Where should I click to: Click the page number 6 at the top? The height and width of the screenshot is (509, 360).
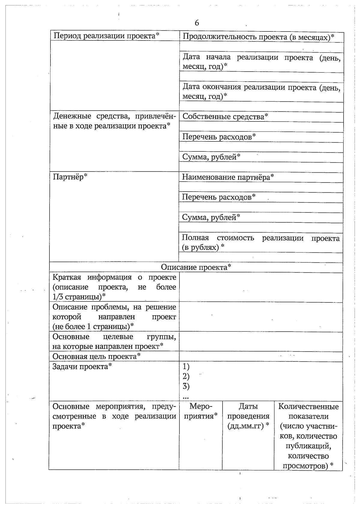tap(197, 23)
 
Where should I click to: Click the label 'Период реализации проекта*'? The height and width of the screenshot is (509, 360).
tap(106, 36)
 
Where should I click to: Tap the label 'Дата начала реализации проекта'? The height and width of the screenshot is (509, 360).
tap(261, 62)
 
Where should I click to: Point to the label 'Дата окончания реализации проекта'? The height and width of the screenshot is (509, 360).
tap(261, 92)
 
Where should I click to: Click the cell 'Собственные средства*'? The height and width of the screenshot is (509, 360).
tap(225, 117)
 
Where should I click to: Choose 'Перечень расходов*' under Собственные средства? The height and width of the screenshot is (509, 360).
tap(219, 137)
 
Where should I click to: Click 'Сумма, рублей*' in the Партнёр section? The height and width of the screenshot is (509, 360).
tap(211, 217)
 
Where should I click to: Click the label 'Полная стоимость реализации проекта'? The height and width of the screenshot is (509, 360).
tap(261, 243)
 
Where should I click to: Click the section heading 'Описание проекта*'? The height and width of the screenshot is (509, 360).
tap(196, 267)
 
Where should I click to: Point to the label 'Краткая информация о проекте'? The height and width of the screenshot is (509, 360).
tap(114, 287)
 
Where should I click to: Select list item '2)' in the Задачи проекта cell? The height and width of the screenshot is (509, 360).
tap(186, 376)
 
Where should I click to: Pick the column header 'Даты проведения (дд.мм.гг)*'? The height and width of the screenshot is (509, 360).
tap(248, 416)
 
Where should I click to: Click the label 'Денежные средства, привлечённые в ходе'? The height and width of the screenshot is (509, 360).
tap(114, 121)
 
